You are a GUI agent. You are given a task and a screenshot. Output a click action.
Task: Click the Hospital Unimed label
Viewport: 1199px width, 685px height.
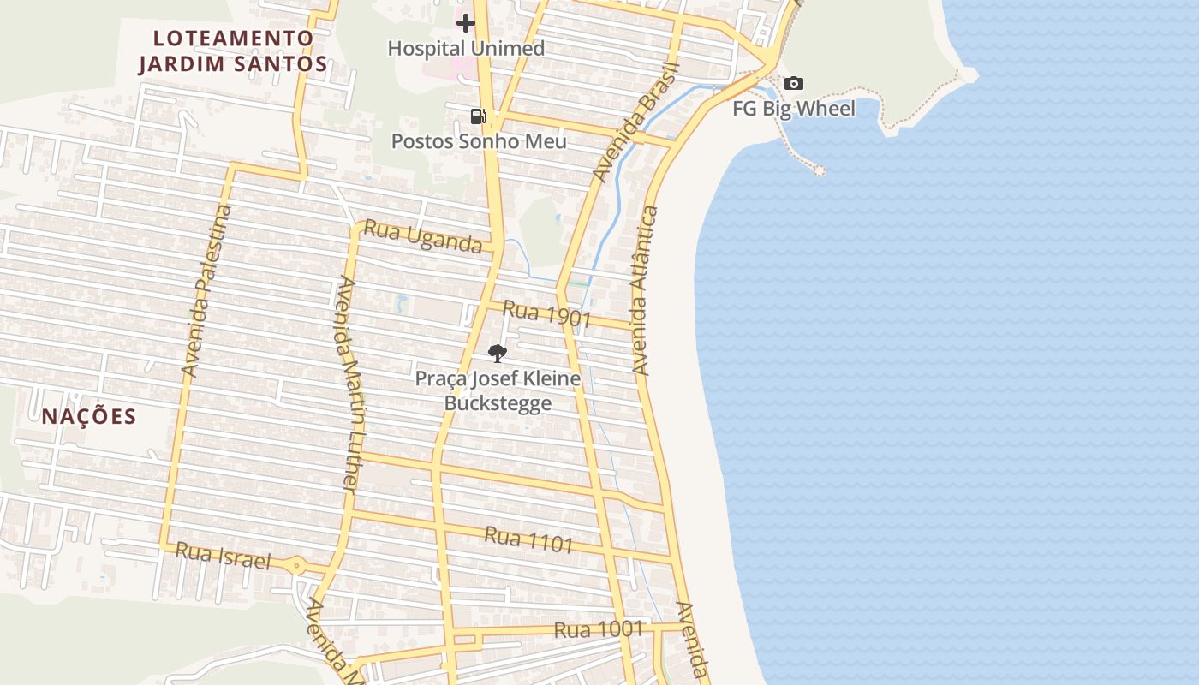(x=466, y=49)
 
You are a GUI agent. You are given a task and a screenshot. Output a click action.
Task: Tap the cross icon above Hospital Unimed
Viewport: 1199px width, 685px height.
(x=466, y=23)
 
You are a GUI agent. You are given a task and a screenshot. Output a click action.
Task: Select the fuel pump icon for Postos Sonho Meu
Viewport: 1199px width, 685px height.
(x=479, y=116)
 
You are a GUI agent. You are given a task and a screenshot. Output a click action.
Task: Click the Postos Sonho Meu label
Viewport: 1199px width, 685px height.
(x=479, y=141)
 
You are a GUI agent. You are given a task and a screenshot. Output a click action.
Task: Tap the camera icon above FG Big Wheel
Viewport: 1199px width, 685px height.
(x=794, y=83)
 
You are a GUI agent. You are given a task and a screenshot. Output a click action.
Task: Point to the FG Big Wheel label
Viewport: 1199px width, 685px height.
(x=794, y=109)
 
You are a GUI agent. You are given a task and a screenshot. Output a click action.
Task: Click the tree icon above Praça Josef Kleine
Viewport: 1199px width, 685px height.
(x=497, y=353)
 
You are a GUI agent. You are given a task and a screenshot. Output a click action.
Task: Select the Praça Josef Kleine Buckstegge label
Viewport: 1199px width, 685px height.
(x=498, y=390)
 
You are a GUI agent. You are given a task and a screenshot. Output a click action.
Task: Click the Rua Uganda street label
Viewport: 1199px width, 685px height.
(x=423, y=236)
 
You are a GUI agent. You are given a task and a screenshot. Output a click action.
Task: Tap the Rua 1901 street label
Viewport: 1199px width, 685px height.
(x=547, y=314)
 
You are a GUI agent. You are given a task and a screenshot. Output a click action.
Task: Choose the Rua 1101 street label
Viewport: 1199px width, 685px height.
(x=528, y=539)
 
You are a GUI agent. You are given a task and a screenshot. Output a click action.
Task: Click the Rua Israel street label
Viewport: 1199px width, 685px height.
(x=223, y=556)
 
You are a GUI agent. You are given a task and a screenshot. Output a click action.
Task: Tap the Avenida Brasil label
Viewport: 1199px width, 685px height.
(x=635, y=122)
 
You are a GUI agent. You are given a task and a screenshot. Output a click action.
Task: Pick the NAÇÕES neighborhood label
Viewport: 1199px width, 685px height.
(x=89, y=417)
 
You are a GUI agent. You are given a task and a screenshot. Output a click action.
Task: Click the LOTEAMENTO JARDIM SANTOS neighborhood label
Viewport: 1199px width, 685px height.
(x=233, y=51)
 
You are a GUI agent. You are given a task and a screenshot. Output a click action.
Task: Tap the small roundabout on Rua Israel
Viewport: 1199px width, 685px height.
(x=296, y=564)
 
